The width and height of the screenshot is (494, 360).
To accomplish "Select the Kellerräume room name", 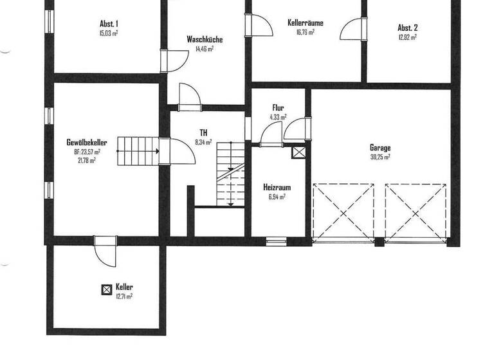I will pyautogui.click(x=305, y=22).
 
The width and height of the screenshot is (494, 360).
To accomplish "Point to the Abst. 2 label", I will pyautogui.click(x=408, y=28).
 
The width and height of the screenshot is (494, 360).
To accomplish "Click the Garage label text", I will pyautogui.click(x=380, y=148).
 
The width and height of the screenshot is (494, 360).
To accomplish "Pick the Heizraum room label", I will pyautogui.click(x=277, y=188).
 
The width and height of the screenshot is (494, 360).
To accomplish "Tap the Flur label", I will pyautogui.click(x=279, y=108).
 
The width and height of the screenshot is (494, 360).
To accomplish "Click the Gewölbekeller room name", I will pyautogui.click(x=86, y=142).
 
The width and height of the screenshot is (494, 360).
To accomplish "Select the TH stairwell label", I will pyautogui.click(x=203, y=132).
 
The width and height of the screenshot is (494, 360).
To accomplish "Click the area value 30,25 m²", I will pyautogui.click(x=380, y=157).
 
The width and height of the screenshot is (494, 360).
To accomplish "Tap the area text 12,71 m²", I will pyautogui.click(x=123, y=296).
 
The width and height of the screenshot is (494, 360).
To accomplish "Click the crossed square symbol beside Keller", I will pyautogui.click(x=107, y=289).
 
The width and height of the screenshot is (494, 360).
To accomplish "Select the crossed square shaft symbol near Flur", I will pyautogui.click(x=299, y=152).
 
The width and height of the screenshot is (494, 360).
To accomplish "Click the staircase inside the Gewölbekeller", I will pyautogui.click(x=137, y=151).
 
